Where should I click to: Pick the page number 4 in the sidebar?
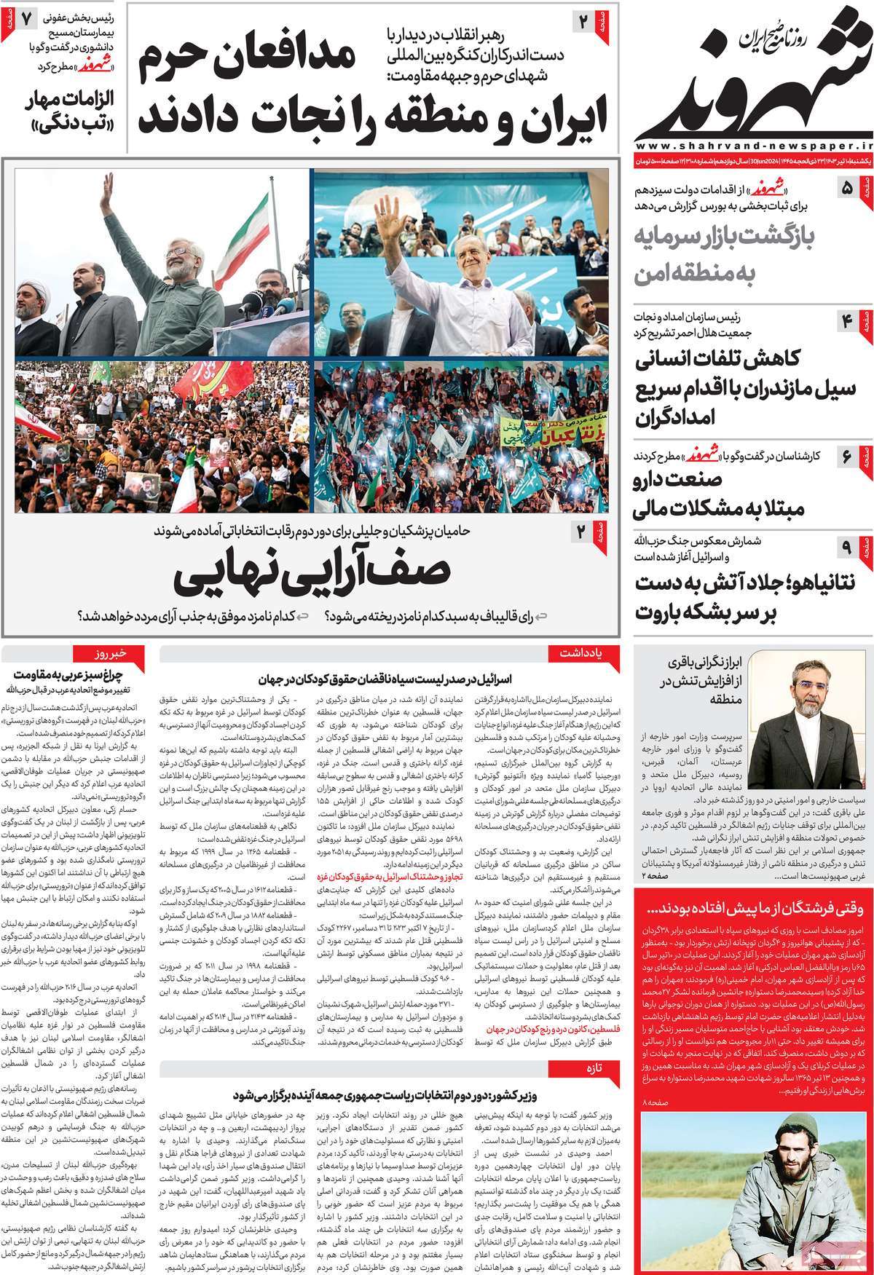[847, 320]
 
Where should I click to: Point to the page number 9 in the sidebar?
[847, 545]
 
